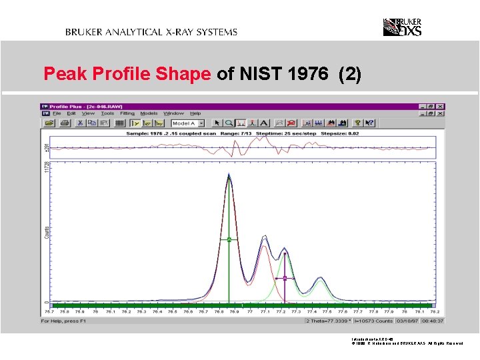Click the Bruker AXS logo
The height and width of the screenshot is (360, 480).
pyautogui.click(x=402, y=27)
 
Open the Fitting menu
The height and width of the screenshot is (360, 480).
pyautogui.click(x=127, y=113)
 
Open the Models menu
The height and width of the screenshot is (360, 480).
pyautogui.click(x=149, y=113)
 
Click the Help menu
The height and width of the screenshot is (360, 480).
pyautogui.click(x=195, y=113)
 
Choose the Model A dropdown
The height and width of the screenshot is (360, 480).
pyautogui.click(x=188, y=123)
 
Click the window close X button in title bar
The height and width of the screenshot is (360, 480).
pyautogui.click(x=441, y=106)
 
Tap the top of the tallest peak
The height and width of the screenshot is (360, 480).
pyautogui.click(x=229, y=175)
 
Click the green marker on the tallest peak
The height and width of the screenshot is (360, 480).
pyautogui.click(x=229, y=239)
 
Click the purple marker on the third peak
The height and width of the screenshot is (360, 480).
pyautogui.click(x=285, y=278)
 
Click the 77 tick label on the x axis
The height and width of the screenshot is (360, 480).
pyautogui.click(x=250, y=311)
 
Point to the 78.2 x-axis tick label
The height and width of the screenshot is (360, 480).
pyautogui.click(x=435, y=311)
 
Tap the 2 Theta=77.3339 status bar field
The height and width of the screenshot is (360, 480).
pyautogui.click(x=328, y=321)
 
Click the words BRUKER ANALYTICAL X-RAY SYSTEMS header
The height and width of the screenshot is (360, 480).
pyautogui.click(x=151, y=31)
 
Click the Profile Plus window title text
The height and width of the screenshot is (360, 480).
pyautogui.click(x=90, y=106)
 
